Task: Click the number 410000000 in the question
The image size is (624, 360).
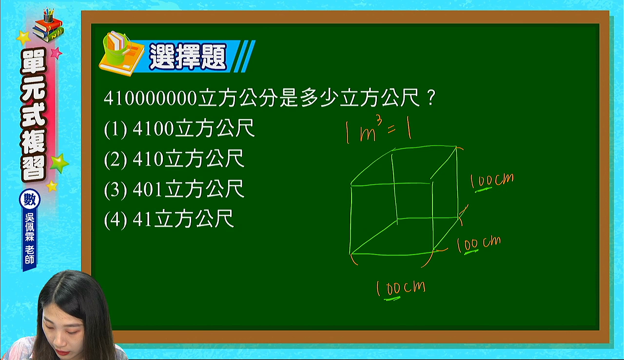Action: (150, 98)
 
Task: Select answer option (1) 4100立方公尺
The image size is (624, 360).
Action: (179, 129)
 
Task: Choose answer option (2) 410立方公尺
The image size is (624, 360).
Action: (174, 159)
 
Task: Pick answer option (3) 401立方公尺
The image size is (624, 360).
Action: (174, 189)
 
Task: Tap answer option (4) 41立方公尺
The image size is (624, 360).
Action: (169, 220)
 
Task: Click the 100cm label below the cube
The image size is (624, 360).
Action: (401, 290)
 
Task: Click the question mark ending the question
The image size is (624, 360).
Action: (430, 98)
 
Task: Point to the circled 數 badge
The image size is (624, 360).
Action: (30, 200)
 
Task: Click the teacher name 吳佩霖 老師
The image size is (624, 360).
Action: (30, 239)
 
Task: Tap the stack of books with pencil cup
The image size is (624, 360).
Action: (48, 26)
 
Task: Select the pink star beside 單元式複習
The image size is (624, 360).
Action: (56, 53)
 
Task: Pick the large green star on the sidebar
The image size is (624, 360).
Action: (59, 163)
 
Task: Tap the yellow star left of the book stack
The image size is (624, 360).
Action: (23, 38)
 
